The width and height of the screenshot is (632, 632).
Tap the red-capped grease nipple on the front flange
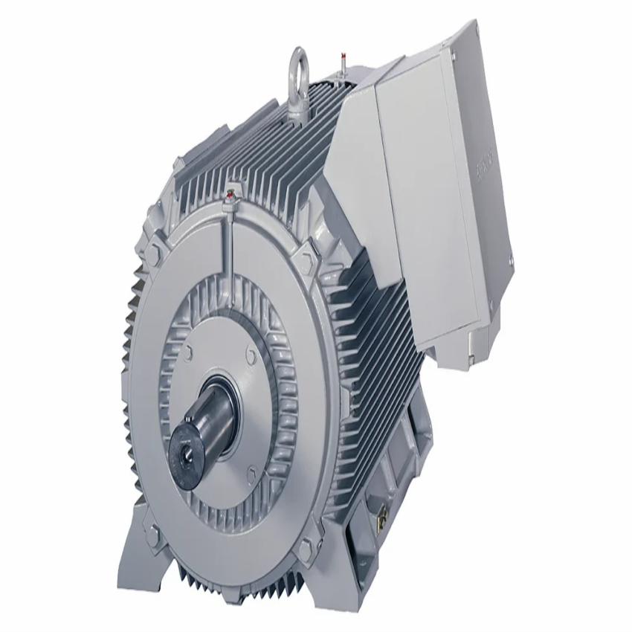point(230,195)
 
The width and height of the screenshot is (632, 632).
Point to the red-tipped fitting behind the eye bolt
point(343,57)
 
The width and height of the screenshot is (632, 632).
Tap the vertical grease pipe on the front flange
point(230,238)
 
